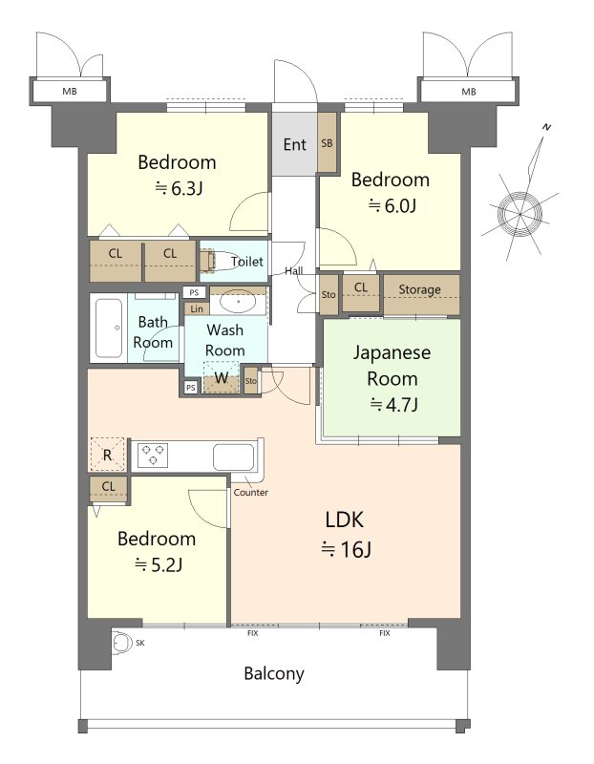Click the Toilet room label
pos(247,262)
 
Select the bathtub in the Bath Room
pos(109,328)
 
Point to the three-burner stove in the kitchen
pos(153,456)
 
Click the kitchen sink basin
pos(234,457)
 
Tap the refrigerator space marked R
pos(107,455)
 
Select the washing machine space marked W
pos(222,377)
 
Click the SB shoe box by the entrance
pos(327,142)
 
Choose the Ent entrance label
pos(295,144)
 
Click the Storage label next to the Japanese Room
pos(419,289)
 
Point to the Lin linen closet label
pos(197,308)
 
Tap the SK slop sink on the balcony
pos(122,643)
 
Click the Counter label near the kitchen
pos(250,492)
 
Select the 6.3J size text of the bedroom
pos(179,188)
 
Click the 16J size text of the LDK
pos(347,549)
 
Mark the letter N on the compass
pos(547,127)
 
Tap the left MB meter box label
pos(70,91)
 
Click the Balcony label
pos(274,673)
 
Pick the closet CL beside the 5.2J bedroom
pos(108,488)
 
